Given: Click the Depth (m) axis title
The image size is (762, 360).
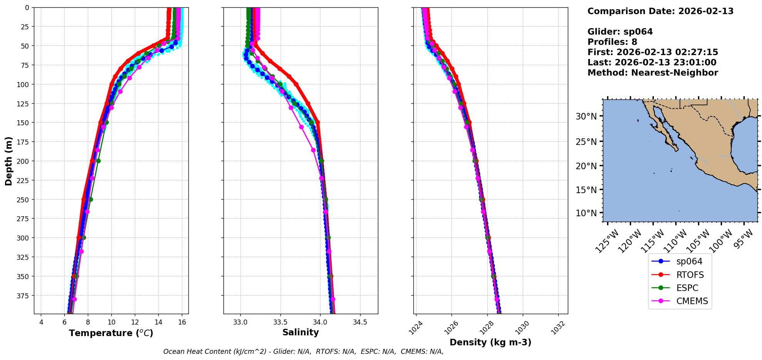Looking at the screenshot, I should point(8,161).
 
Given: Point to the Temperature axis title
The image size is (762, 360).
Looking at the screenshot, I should point(111,333).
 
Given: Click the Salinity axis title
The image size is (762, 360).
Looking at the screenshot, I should point(300,332).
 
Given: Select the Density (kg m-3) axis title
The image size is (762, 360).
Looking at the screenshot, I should point(490,342).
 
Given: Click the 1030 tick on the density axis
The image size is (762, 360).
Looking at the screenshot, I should point(522,328).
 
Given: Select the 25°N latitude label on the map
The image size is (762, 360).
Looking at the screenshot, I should point(586,142).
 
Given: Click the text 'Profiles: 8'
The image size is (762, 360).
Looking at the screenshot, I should point(612,42).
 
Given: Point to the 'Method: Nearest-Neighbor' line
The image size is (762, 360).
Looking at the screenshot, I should point(653,73).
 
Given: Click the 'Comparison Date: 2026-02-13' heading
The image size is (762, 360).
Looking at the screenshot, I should point(660,11).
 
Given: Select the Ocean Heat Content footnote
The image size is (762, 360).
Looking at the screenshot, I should point(303,352).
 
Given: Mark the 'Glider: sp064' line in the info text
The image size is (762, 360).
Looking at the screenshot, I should point(620,32).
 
